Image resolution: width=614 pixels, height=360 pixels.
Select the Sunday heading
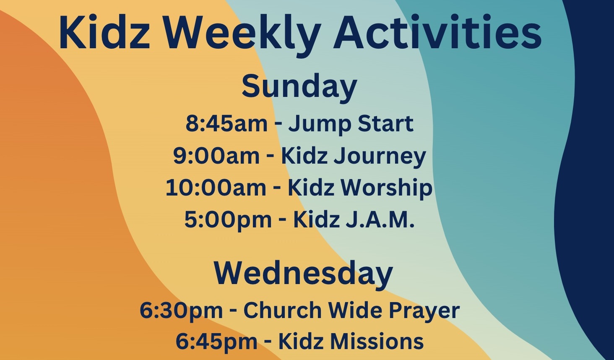[x=299, y=87]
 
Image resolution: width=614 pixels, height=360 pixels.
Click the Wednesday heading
[x=303, y=274]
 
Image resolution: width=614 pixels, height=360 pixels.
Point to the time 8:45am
[x=226, y=124]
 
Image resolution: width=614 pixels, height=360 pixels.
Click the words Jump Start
[x=351, y=124]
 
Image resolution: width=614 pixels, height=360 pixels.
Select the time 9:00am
[x=216, y=156]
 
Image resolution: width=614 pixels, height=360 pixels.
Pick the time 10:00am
[x=216, y=188]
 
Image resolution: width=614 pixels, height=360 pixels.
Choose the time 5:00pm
[x=228, y=219]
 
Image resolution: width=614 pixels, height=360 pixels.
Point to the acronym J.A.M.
[x=380, y=219]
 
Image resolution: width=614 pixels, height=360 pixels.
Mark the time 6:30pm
[x=181, y=311]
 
